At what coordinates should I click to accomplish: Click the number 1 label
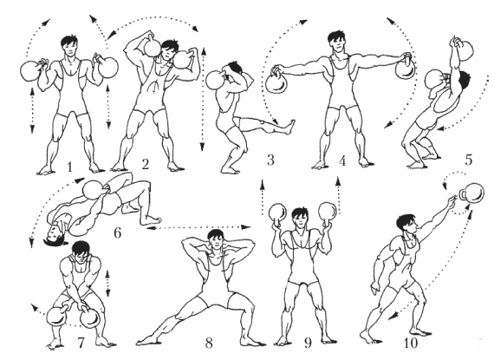click(69, 167)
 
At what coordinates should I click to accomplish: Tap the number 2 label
click(146, 164)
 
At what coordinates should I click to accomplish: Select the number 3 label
click(270, 160)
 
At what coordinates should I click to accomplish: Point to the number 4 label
click(342, 160)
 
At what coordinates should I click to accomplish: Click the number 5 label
click(469, 160)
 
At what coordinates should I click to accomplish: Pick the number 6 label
click(117, 233)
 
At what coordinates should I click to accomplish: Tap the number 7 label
click(81, 343)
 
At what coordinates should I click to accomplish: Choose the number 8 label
click(209, 343)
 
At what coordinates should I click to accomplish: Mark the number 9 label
click(308, 343)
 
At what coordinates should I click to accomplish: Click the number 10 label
click(410, 343)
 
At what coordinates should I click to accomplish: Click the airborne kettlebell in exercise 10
click(471, 193)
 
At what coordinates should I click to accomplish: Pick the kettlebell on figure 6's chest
click(94, 190)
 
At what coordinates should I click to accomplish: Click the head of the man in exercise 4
click(336, 42)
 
